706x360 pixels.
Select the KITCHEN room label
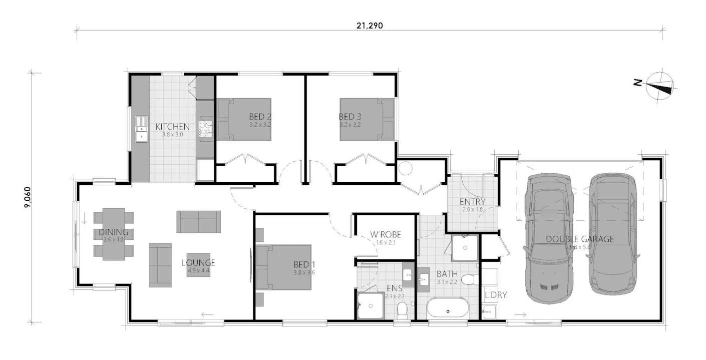(172, 127)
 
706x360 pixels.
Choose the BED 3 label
(350, 117)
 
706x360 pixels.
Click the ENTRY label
(472, 202)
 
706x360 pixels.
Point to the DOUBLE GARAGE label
(580, 239)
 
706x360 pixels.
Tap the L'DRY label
(496, 295)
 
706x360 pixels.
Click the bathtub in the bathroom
(448, 310)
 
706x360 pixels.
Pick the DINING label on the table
(114, 232)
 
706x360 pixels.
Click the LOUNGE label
(198, 263)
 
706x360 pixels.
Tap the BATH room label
(446, 274)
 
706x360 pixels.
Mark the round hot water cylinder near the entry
(405, 169)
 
